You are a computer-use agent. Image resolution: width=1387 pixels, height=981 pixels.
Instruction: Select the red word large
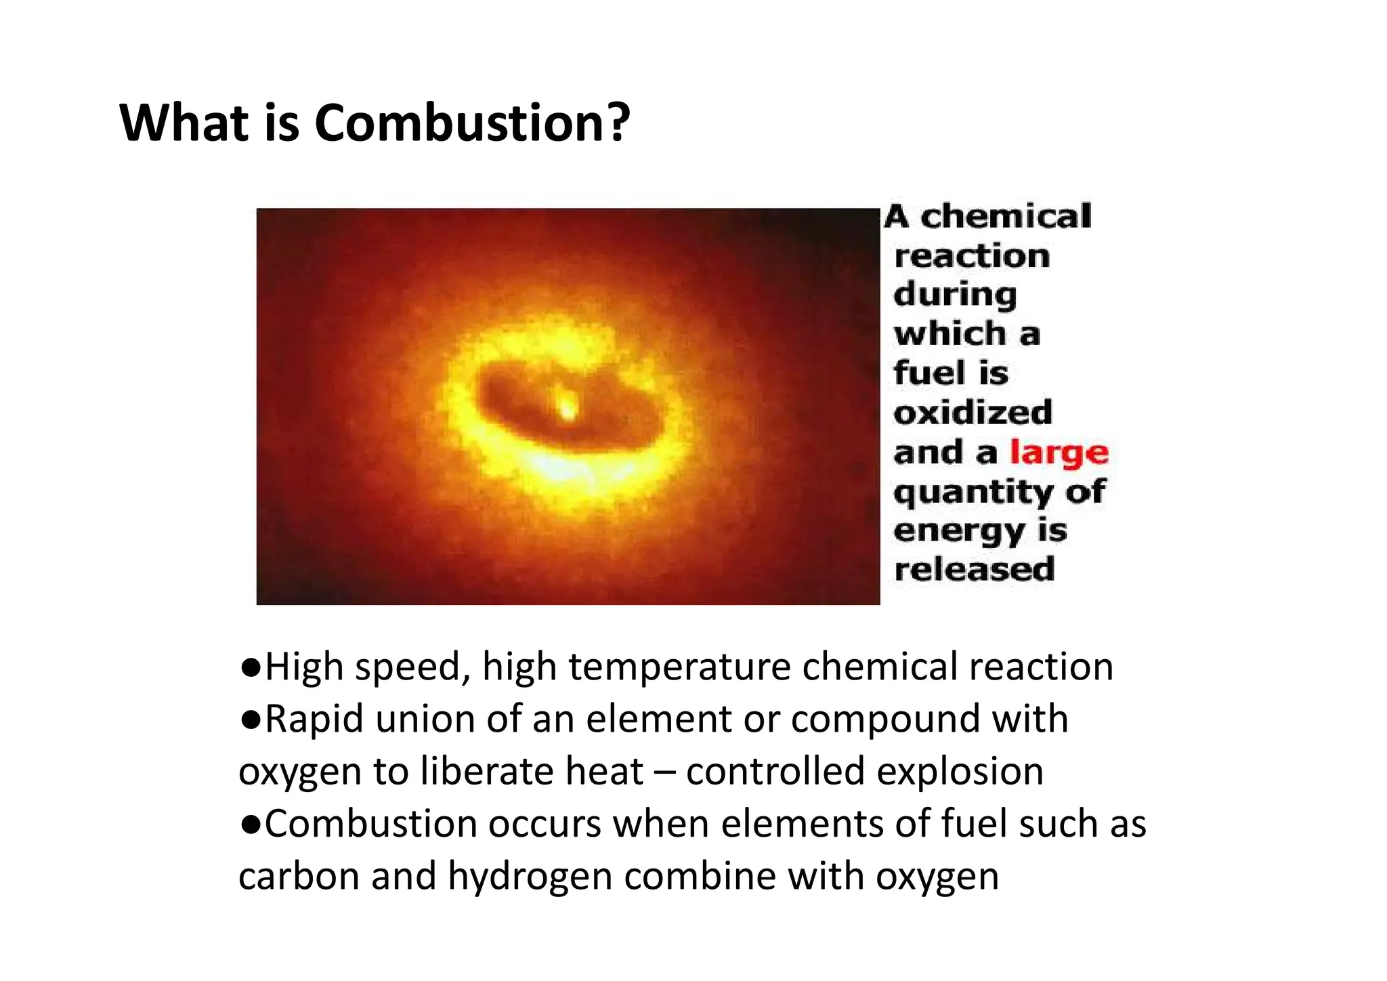tap(1059, 453)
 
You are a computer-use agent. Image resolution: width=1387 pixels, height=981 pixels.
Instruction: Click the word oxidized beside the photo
tap(973, 413)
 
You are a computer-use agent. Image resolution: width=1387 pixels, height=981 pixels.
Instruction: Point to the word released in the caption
tap(974, 569)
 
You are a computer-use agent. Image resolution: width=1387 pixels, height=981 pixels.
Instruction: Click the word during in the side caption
tap(955, 295)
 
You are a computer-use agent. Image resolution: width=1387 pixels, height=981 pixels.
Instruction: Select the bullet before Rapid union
tap(251, 720)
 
